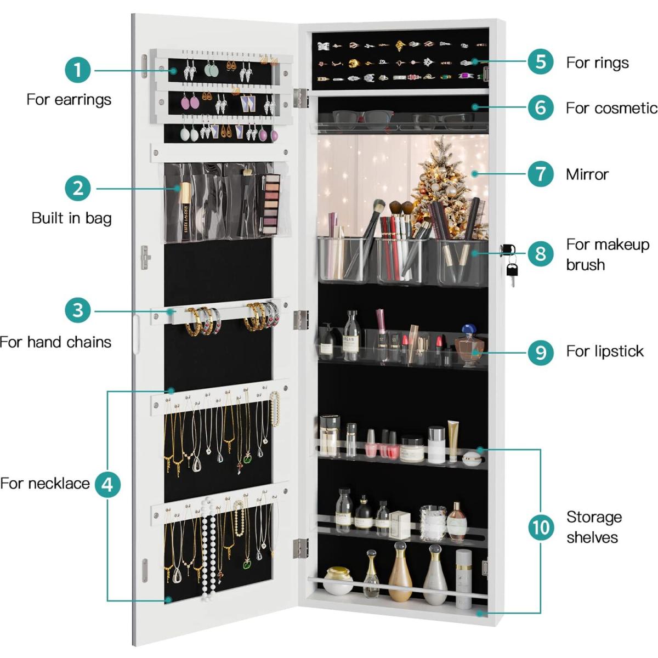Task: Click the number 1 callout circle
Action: tap(78, 70)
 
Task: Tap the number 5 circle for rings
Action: tap(541, 61)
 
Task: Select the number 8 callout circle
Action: tap(541, 254)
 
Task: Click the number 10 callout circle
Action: tap(541, 527)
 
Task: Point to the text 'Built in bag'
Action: tap(71, 218)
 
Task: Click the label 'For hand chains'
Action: tap(56, 342)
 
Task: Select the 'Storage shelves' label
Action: tap(594, 527)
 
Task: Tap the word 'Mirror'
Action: tap(587, 174)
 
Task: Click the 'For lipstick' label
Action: tap(605, 351)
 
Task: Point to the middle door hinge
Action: tap(301, 320)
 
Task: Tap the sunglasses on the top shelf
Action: tap(362, 119)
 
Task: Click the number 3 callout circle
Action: tap(78, 310)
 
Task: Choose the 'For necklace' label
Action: tap(45, 484)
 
